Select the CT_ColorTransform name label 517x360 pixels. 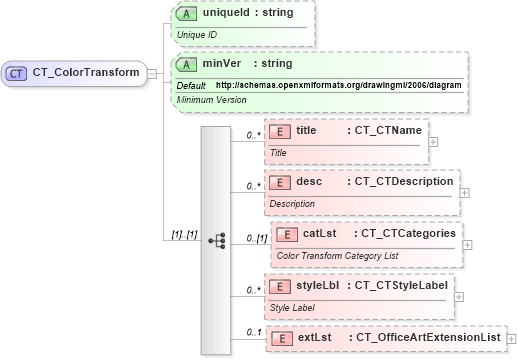(86, 72)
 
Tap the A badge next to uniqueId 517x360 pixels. (187, 16)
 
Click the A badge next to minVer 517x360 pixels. (187, 63)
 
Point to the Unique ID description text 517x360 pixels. (198, 35)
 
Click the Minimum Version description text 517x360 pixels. (211, 100)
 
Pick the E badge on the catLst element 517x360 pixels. (288, 234)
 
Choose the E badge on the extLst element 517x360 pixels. (283, 338)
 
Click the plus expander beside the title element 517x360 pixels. (433, 141)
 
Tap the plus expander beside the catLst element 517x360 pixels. (468, 244)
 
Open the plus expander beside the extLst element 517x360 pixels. (512, 340)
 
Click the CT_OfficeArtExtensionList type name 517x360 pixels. (428, 338)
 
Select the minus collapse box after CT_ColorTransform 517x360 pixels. (151, 72)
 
